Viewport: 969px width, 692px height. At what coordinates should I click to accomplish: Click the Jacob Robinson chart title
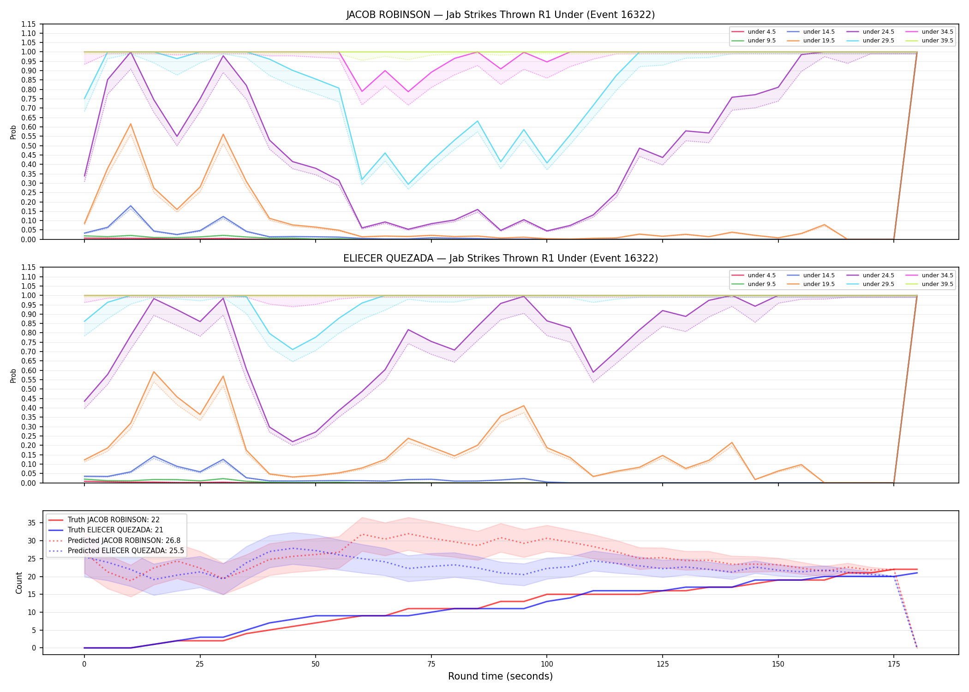pyautogui.click(x=501, y=15)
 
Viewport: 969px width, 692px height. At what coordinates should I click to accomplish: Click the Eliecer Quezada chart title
pyautogui.click(x=501, y=258)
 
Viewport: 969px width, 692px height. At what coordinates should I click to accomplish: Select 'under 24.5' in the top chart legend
pyautogui.click(x=878, y=32)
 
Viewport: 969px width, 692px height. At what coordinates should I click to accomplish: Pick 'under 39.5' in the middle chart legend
pyautogui.click(x=937, y=284)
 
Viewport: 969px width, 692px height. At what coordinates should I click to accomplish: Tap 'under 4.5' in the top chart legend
pyautogui.click(x=762, y=32)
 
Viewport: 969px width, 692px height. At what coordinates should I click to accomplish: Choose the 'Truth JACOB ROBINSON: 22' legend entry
pyautogui.click(x=114, y=520)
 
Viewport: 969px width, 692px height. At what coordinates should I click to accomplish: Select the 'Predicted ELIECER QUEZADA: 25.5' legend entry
pyautogui.click(x=126, y=551)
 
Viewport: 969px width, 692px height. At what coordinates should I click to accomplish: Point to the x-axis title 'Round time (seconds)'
pyautogui.click(x=501, y=676)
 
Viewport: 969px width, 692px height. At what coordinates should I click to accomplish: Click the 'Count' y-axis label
pyautogui.click(x=19, y=583)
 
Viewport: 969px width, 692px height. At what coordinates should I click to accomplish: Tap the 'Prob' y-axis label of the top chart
pyautogui.click(x=13, y=132)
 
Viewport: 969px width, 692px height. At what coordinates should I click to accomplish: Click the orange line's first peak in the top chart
pyautogui.click(x=131, y=124)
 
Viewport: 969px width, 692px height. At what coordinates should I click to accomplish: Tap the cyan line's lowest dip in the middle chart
pyautogui.click(x=293, y=349)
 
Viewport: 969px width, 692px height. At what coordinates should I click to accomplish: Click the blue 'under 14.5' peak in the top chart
pyautogui.click(x=131, y=206)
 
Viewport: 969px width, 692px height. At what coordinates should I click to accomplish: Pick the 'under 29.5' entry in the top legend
pyautogui.click(x=878, y=41)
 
